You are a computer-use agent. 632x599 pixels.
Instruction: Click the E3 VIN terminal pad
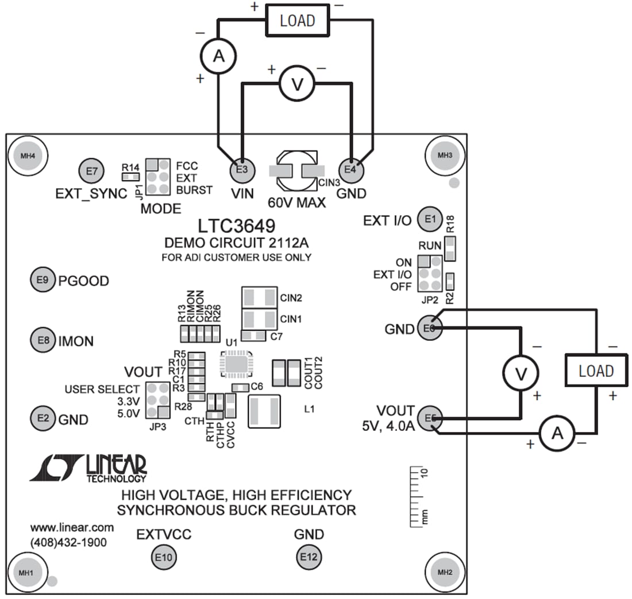pos(241,169)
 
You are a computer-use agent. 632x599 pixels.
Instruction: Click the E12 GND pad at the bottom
pos(309,557)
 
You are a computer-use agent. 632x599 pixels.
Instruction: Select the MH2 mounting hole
pos(445,572)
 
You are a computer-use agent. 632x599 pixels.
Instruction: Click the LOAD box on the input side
pos(297,21)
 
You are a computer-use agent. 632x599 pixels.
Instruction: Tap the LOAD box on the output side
pos(596,371)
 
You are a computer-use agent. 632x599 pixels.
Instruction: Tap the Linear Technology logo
pos(88,468)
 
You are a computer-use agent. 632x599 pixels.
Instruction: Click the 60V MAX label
pos(296,202)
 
